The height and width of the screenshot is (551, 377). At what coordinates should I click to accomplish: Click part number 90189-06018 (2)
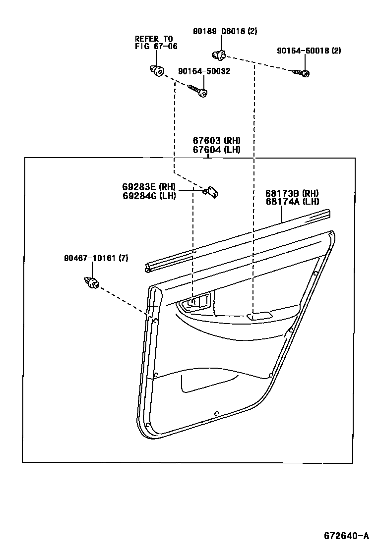225,31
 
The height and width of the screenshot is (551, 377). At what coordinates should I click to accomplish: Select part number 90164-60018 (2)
309,51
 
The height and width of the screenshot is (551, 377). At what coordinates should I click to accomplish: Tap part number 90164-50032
205,71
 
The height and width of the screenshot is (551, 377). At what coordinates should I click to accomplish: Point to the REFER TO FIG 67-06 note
156,43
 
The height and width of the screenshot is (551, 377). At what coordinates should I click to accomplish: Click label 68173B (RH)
292,193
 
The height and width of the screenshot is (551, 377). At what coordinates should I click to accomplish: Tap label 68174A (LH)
292,201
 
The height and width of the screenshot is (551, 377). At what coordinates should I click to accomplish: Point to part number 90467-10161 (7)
96,258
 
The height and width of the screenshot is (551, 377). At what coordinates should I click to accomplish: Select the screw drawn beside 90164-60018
302,73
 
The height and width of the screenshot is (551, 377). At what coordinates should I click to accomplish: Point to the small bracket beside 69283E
213,191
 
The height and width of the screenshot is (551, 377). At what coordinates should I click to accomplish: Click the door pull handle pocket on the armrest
260,316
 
